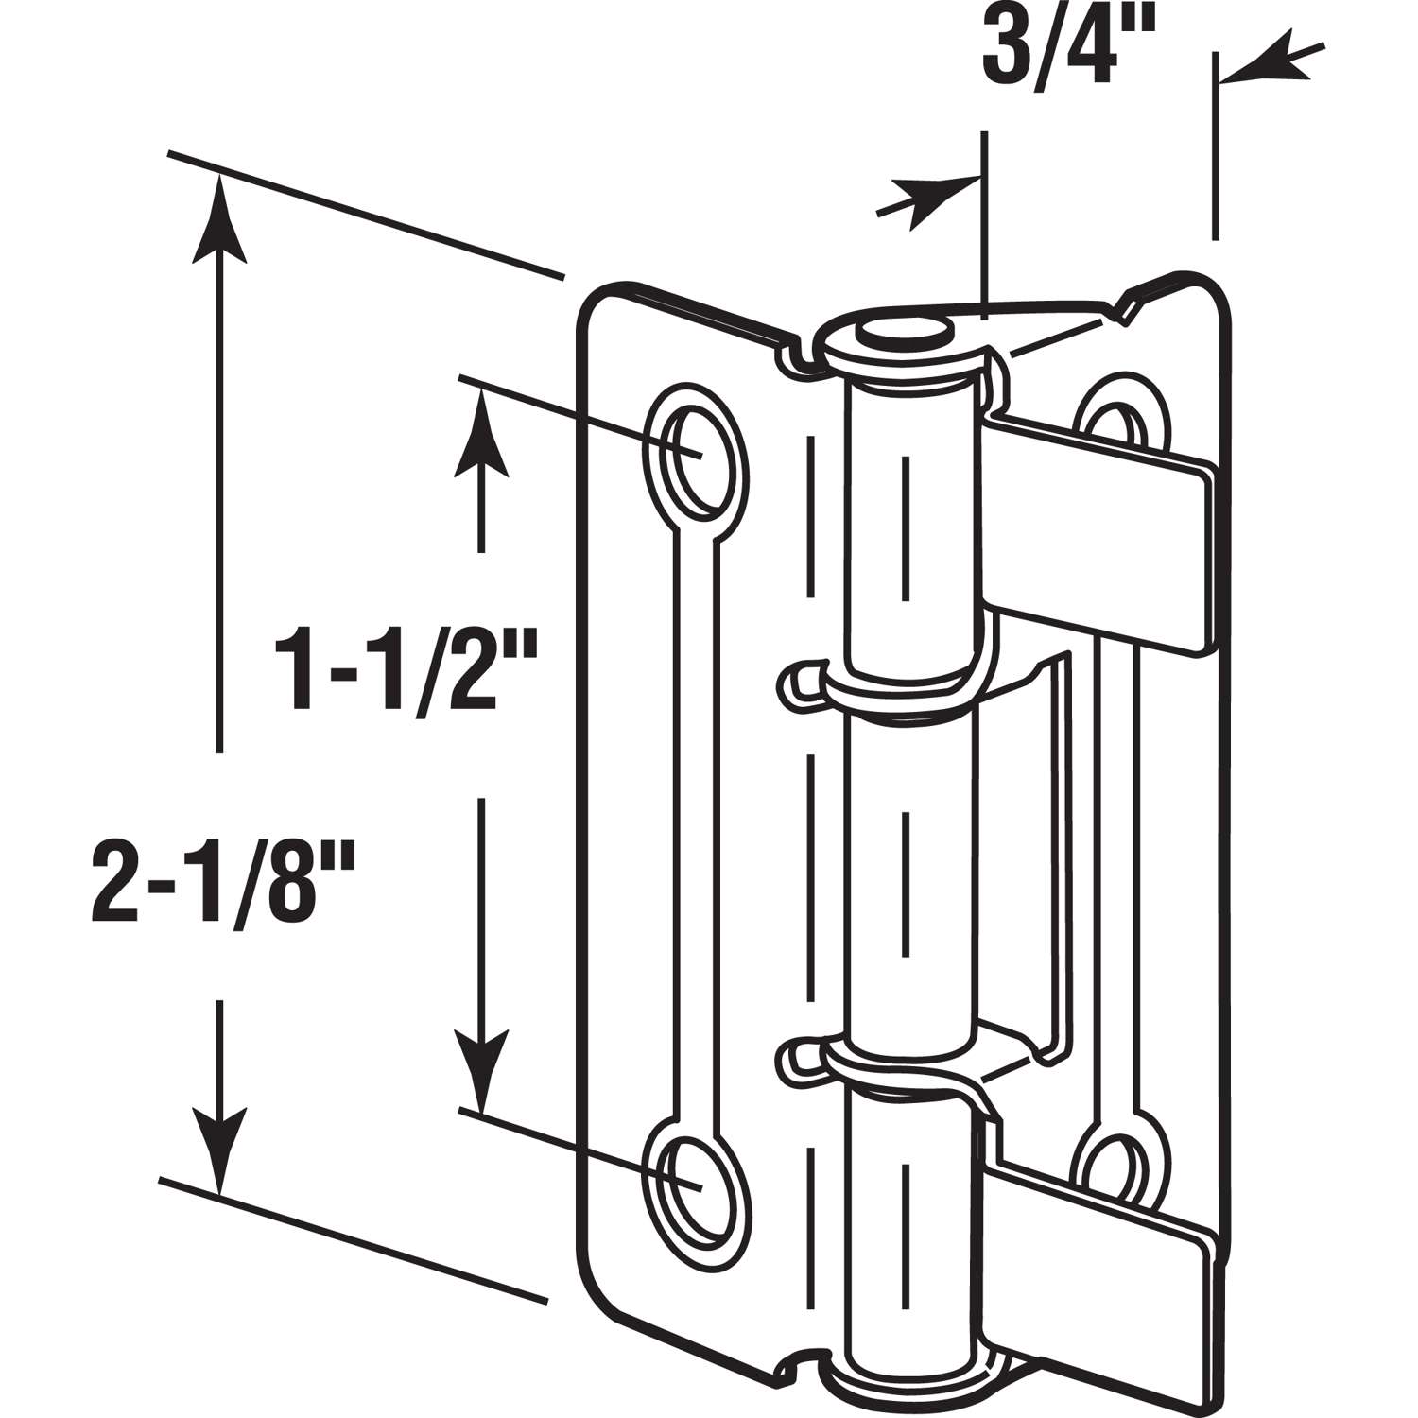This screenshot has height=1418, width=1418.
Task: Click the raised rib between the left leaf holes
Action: (697, 813)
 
